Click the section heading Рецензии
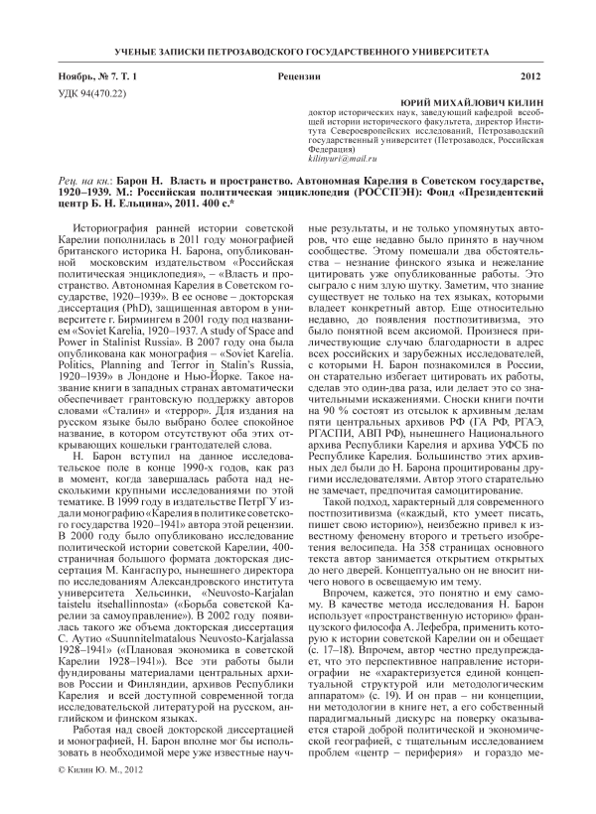point(299,76)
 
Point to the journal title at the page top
point(298,51)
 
